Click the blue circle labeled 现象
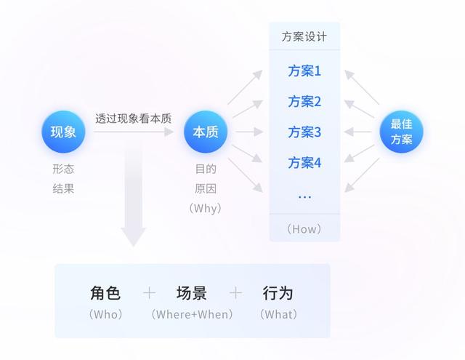point(63,132)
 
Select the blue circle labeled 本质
point(206,132)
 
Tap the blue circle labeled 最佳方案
point(401,132)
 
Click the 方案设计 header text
point(304,36)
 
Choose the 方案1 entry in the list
point(304,71)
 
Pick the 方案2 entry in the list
point(304,101)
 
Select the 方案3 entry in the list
point(304,132)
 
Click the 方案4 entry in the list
point(304,162)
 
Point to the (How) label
point(304,228)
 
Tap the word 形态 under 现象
point(63,169)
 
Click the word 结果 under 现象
point(63,188)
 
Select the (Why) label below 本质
point(205,208)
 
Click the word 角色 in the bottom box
point(105,293)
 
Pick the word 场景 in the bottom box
point(192,293)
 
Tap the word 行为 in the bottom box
point(278,293)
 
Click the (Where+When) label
point(192,314)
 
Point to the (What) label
point(278,314)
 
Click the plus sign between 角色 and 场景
point(149,293)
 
